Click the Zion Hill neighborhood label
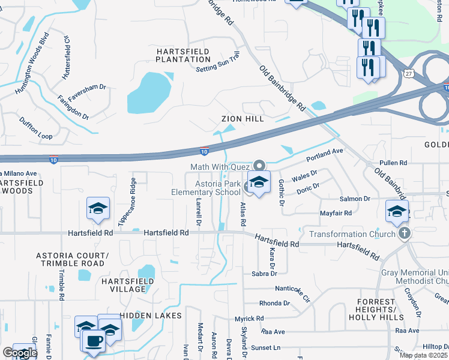pyautogui.click(x=243, y=119)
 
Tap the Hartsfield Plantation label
pyautogui.click(x=183, y=56)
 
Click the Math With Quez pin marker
pyautogui.click(x=259, y=164)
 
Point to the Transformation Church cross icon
pyautogui.click(x=405, y=233)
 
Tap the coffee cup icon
pyautogui.click(x=93, y=341)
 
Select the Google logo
pyautogui.click(x=19, y=353)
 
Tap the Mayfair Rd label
pyautogui.click(x=336, y=212)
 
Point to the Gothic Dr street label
pyautogui.click(x=280, y=193)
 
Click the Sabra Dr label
pyautogui.click(x=264, y=274)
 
